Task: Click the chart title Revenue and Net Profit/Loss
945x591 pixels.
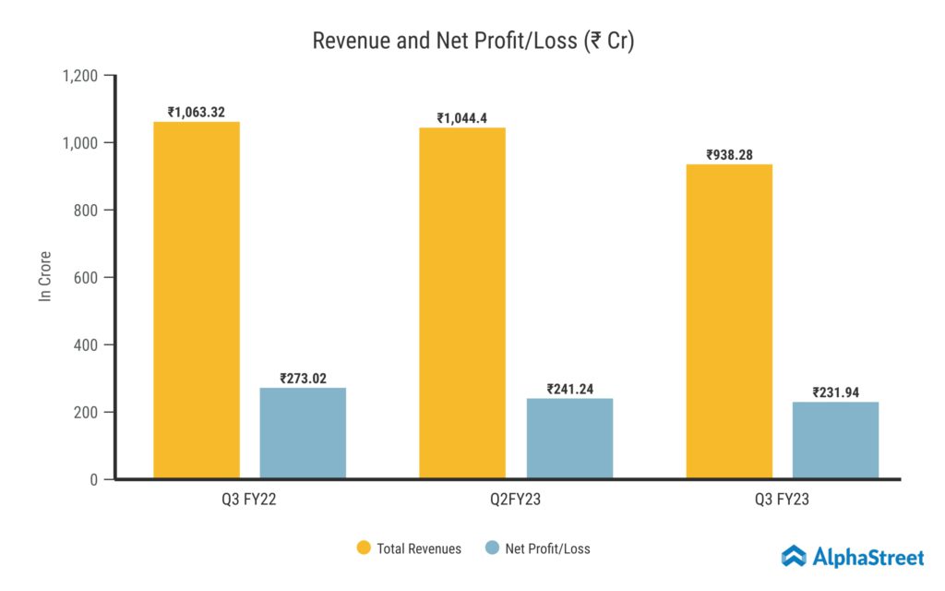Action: point(472,42)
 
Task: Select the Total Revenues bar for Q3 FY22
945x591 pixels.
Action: point(197,300)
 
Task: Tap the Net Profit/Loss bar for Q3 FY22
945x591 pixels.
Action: point(303,433)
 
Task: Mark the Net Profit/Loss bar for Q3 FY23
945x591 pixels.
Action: point(835,440)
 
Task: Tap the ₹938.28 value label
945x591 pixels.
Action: point(729,155)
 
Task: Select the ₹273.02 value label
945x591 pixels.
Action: point(303,379)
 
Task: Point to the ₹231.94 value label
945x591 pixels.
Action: point(835,392)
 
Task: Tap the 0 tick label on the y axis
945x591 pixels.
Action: point(95,480)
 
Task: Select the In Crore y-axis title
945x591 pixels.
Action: point(44,276)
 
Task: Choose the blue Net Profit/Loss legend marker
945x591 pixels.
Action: point(491,549)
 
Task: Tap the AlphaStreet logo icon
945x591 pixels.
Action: point(795,556)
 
